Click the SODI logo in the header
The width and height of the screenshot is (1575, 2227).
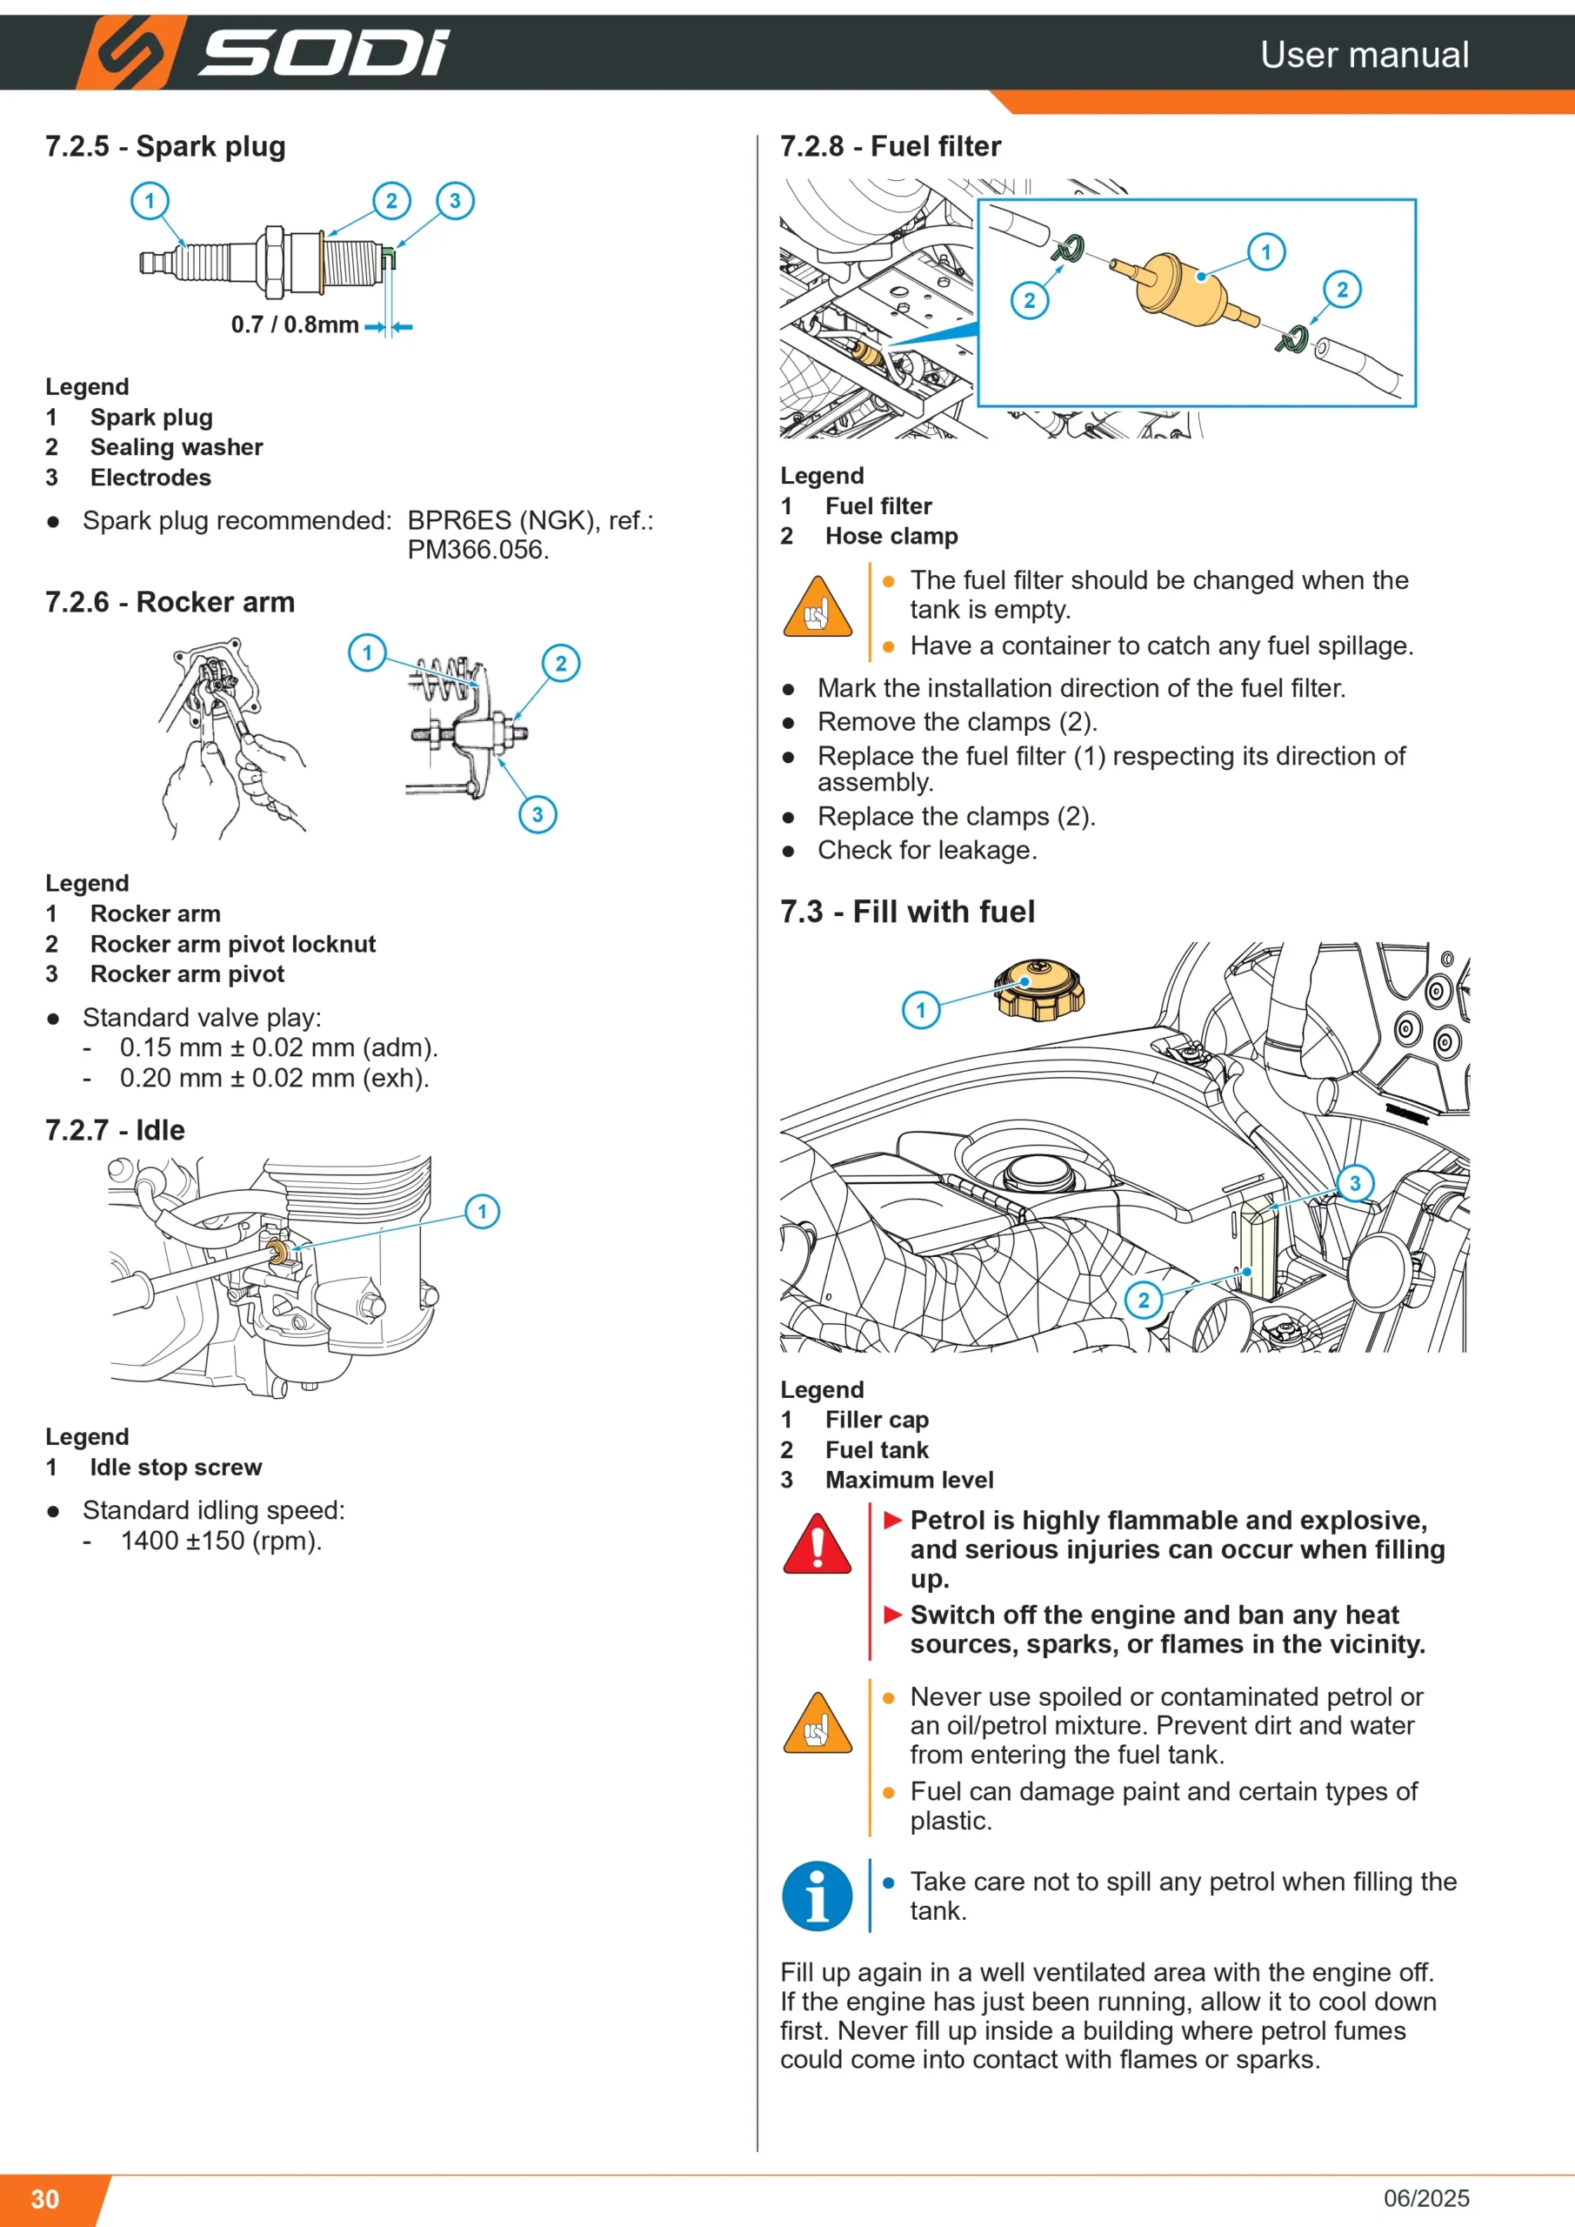point(264,52)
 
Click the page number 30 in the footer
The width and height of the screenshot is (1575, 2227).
point(44,2199)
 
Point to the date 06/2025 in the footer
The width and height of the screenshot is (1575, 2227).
point(1425,2198)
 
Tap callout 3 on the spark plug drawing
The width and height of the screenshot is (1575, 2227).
point(455,201)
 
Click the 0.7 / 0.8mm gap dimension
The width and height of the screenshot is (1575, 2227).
point(295,325)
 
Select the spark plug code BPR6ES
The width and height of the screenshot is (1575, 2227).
point(458,521)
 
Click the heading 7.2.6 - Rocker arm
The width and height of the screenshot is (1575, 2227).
point(170,602)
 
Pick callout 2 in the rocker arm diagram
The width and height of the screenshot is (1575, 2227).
point(561,664)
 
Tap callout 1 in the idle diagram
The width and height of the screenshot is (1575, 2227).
point(482,1212)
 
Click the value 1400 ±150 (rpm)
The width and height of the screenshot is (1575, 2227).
point(221,1541)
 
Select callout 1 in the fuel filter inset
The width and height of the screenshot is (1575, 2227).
point(1265,252)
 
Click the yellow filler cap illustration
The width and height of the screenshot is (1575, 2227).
point(1038,989)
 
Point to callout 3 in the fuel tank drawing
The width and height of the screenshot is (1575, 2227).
point(1355,1183)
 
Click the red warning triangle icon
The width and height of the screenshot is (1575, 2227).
point(818,1544)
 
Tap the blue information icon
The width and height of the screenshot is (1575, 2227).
point(818,1896)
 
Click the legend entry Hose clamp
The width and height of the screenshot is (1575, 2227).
point(891,537)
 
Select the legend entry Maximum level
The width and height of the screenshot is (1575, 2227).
point(910,1480)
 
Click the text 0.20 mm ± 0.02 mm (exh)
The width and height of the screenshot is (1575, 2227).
point(275,1078)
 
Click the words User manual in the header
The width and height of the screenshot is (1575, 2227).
point(1365,54)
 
